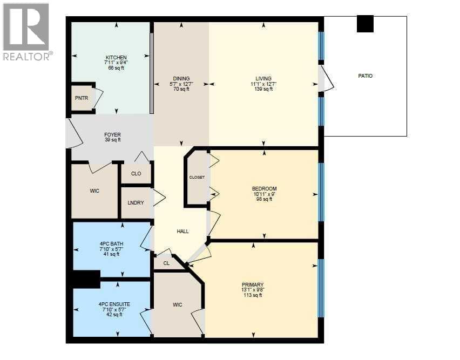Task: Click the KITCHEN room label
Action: pos(116,57)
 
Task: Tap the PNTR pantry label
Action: pos(82,98)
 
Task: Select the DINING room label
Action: pos(181,79)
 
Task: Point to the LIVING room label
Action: pos(263,79)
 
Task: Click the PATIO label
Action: pos(365,76)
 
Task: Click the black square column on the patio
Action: pos(365,24)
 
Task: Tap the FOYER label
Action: pos(113,135)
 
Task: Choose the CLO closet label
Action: pos(136,174)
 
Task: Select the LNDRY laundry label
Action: pos(136,202)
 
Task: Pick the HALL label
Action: pos(182,232)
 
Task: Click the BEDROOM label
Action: pos(264,189)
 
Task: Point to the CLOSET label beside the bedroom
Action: pos(197,178)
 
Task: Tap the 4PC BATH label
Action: pos(111,244)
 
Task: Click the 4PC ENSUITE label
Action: pos(114,304)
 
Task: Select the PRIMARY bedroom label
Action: pos(253,284)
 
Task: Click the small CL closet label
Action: pos(166,263)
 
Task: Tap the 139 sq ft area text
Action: pos(263,89)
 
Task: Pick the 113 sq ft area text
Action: pos(253,295)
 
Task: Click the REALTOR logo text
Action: pos(28,56)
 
